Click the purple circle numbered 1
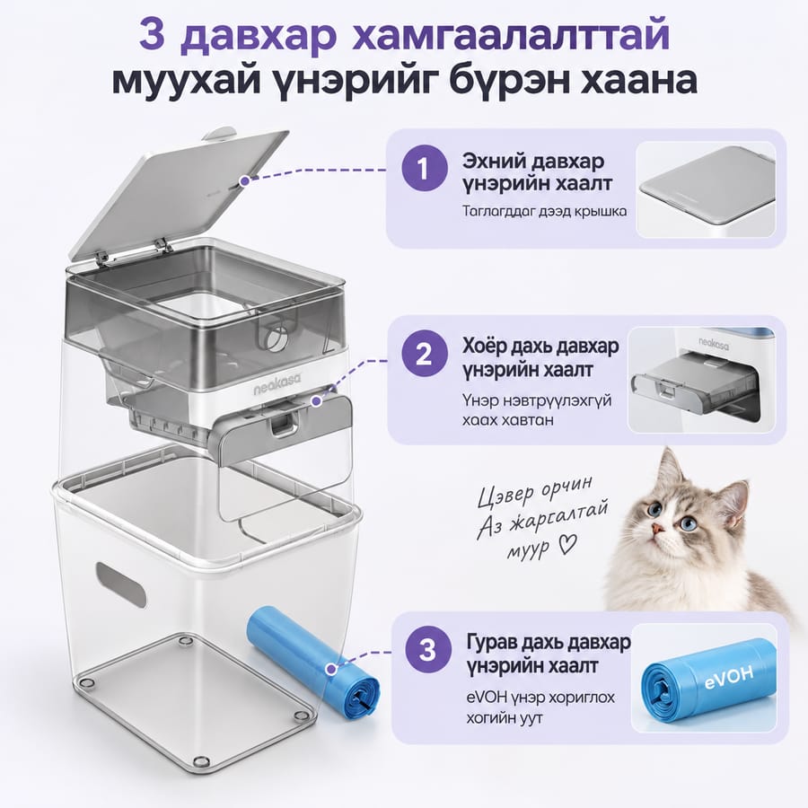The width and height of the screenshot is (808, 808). click(424, 169)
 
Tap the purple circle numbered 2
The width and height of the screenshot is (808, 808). click(424, 355)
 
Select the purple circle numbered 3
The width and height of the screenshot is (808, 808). click(427, 650)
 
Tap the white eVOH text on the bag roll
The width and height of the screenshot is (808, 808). click(728, 677)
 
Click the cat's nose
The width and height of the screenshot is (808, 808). click(656, 527)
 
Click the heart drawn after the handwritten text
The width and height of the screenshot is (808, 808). click(567, 545)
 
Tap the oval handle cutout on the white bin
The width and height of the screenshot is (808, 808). click(121, 584)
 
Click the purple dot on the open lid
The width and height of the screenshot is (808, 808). click(244, 180)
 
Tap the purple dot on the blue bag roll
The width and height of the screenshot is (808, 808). click(330, 670)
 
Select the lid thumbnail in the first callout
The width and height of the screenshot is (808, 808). click(706, 190)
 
